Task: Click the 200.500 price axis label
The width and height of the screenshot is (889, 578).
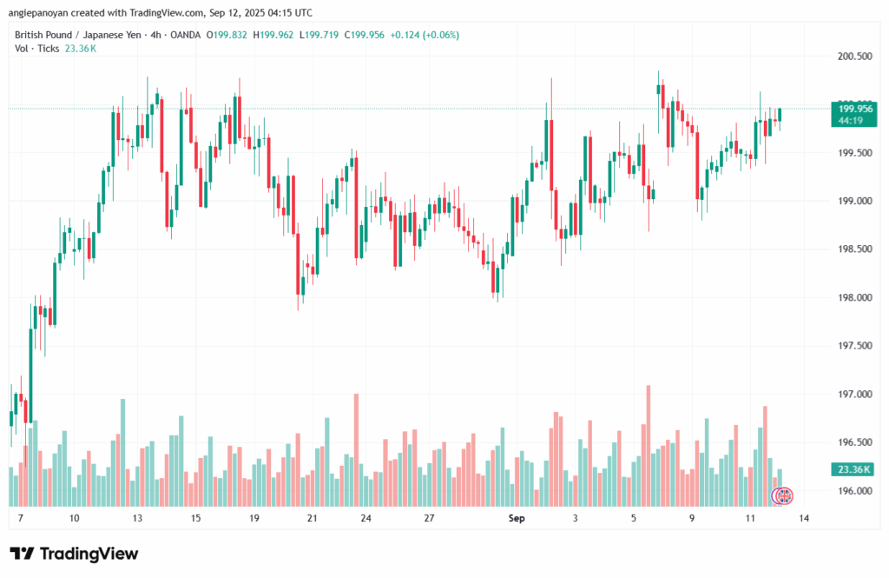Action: click(851, 56)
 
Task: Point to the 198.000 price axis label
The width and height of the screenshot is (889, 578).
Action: click(851, 298)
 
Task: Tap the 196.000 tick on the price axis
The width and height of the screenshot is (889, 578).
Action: click(851, 491)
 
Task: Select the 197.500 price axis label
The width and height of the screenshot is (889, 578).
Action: click(851, 346)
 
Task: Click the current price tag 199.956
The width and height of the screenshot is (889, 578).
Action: click(851, 109)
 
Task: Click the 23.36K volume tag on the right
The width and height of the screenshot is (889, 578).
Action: click(851, 469)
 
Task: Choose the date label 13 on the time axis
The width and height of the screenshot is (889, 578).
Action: click(137, 518)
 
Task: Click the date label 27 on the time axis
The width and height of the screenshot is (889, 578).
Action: click(429, 518)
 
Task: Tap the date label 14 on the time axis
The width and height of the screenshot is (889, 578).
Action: click(806, 518)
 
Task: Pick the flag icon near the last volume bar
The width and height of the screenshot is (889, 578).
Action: click(783, 495)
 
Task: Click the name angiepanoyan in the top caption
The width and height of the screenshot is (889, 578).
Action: click(41, 13)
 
